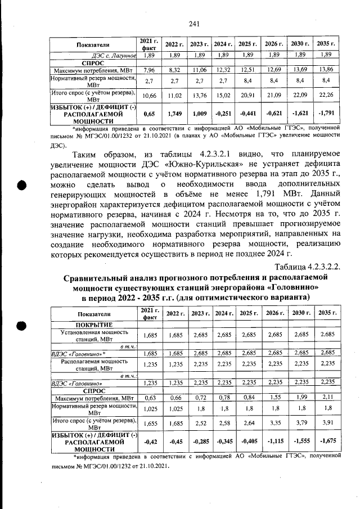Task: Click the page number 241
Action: coord(195,23)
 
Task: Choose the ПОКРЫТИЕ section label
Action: coord(94,325)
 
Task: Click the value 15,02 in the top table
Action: coord(223,96)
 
